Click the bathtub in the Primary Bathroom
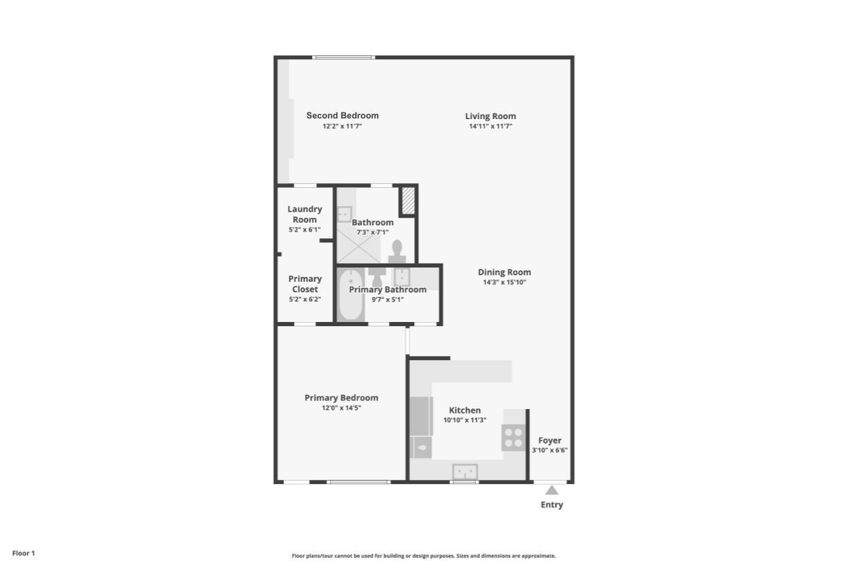(351, 295)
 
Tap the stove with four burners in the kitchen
(513, 437)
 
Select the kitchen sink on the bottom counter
(465, 471)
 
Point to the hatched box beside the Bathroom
(408, 200)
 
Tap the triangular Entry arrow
(552, 490)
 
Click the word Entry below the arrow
(552, 504)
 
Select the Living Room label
(490, 116)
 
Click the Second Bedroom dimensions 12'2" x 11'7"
(342, 126)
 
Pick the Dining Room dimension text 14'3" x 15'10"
(504, 282)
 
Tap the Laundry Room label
(305, 214)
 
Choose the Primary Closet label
(305, 284)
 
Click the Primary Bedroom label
(341, 398)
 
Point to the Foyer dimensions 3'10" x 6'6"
(549, 450)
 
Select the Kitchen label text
(464, 410)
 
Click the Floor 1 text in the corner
(23, 553)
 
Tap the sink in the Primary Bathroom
(402, 276)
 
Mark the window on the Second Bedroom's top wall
(343, 57)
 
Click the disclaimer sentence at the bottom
(424, 556)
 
